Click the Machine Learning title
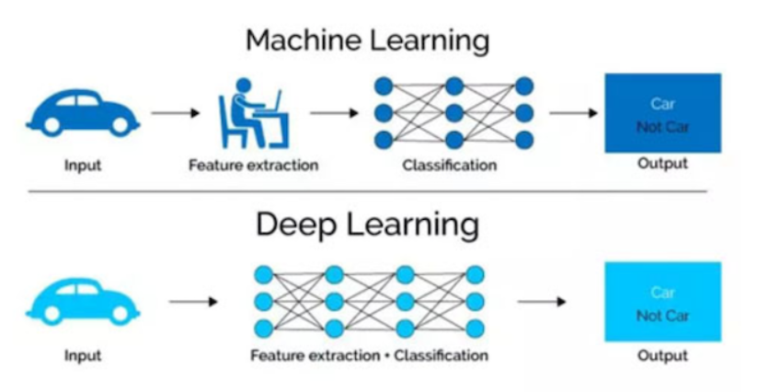coord(367,40)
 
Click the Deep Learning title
coord(367,225)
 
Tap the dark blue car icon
coord(83,112)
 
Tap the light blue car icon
coord(83,301)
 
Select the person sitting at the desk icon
coord(254,113)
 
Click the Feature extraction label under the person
coord(254,166)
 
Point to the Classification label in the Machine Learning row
coord(450,166)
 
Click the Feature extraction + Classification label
coord(369,355)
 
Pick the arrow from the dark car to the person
coord(176,113)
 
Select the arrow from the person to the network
coord(335,113)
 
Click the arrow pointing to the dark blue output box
coord(573,113)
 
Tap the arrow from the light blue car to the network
coord(193,301)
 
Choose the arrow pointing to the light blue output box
coord(542,301)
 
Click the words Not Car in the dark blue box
coord(662,127)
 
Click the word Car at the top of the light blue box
coord(662,293)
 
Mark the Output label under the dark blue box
coord(662,164)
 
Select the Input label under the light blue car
coord(83,355)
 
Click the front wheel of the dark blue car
coord(121,125)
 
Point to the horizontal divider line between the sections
coord(368,191)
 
